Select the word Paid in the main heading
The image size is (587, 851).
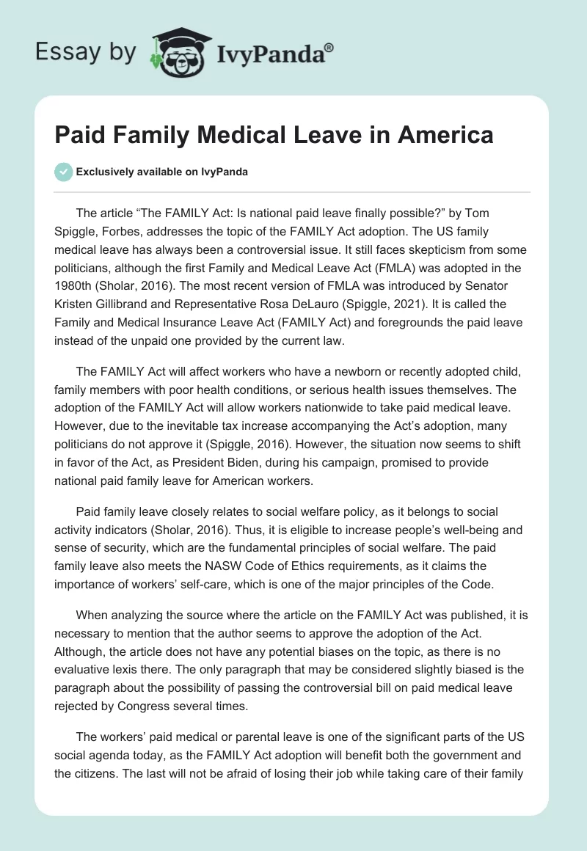tap(80, 135)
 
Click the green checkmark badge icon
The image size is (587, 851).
tap(63, 172)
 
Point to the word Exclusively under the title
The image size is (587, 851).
tap(105, 172)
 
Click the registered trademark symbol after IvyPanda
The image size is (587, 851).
tap(329, 47)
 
